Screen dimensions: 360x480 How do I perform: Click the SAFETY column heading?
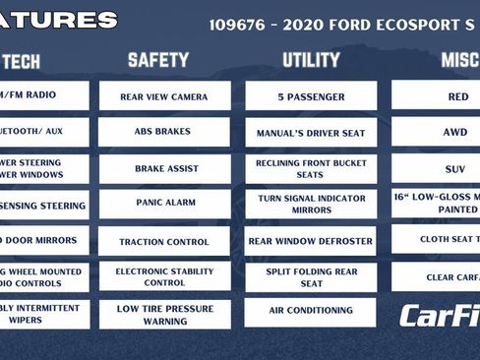tap(158, 61)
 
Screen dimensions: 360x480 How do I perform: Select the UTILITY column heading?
tap(311, 61)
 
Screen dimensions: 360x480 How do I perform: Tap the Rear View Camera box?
tap(164, 96)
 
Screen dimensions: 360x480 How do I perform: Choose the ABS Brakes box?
tap(164, 132)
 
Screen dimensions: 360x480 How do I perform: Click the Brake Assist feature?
tap(164, 168)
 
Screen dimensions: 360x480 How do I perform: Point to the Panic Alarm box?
tap(164, 204)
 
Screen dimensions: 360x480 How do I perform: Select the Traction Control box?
tap(164, 241)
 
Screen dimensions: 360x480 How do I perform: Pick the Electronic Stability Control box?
tap(164, 276)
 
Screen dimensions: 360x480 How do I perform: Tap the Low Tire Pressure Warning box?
tap(164, 314)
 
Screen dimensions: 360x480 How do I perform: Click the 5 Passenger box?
tap(311, 96)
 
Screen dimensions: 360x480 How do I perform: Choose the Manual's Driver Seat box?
tap(311, 132)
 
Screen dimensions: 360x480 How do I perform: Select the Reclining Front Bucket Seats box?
tap(311, 168)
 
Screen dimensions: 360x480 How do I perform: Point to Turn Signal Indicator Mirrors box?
tap(311, 204)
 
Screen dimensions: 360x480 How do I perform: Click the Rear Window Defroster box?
tap(311, 241)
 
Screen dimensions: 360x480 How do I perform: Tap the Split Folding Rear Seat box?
tap(311, 276)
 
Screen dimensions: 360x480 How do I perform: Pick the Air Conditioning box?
tap(311, 312)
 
